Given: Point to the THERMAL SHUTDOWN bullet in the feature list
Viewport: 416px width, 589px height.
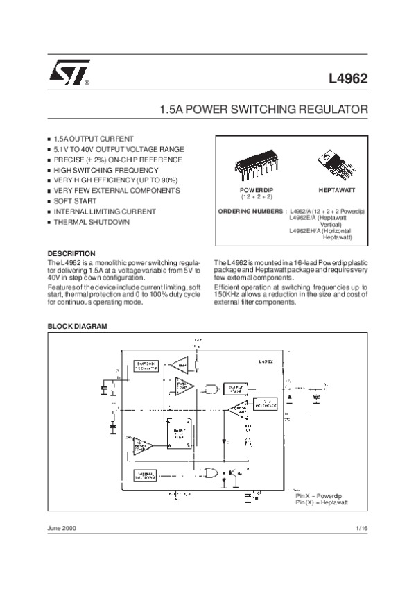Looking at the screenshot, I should [x=91, y=222].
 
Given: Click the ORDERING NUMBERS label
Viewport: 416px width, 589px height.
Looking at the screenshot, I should [x=250, y=210].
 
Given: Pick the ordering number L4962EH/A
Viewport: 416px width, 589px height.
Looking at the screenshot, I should [x=306, y=230].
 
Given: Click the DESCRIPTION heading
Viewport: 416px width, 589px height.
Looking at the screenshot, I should [x=71, y=254].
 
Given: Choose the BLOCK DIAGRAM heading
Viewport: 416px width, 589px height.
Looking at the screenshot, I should [x=76, y=325].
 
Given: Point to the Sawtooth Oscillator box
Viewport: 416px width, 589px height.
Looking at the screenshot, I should [x=146, y=366].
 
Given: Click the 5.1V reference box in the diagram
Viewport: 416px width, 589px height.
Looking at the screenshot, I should [x=266, y=403].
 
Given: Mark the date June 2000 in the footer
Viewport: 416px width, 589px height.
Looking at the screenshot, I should [x=62, y=529].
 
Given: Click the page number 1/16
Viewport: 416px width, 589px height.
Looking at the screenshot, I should [x=361, y=529].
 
